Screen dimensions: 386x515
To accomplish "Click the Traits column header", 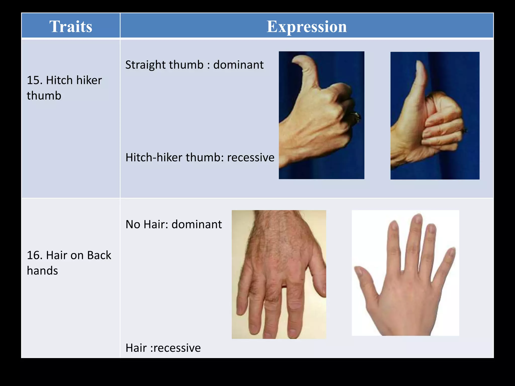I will click(x=71, y=26).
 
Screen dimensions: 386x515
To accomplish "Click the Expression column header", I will click(x=307, y=26).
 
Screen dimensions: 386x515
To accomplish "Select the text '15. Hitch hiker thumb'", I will click(x=64, y=88).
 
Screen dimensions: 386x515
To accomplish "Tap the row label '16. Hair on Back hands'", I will click(x=69, y=263).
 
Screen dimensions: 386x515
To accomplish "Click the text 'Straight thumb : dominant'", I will click(x=194, y=65).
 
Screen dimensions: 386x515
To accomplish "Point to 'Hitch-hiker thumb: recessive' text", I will click(x=200, y=158).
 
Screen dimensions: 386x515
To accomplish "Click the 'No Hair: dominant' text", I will click(x=174, y=224).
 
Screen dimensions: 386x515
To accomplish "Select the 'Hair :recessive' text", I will click(x=163, y=348).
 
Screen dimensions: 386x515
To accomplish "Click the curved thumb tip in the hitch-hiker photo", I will click(x=298, y=60).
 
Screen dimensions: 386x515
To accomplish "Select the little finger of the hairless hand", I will click(x=450, y=254).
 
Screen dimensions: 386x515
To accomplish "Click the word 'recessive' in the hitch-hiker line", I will click(x=250, y=158).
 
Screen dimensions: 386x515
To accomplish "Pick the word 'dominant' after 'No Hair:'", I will click(x=197, y=224).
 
